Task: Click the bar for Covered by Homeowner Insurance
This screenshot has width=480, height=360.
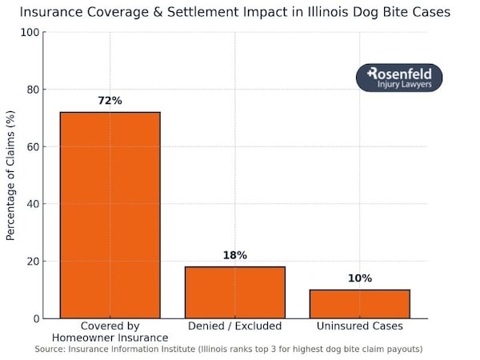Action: pos(110,215)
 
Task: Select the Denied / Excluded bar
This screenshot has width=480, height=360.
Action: pos(235,293)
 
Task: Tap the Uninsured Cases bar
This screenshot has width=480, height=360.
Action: pos(360,304)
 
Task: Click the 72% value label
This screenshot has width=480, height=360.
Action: pos(110,102)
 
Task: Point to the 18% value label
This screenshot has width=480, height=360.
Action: pos(235,256)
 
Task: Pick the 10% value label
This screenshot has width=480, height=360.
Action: pos(360,278)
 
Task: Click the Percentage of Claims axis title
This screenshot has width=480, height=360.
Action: pos(10,175)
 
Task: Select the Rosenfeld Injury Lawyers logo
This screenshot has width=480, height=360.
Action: pos(398,78)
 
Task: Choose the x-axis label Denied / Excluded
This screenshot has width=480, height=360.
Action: pos(235,326)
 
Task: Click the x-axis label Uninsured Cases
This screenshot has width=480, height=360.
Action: pos(360,326)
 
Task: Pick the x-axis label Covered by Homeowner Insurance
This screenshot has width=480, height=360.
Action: pos(110,332)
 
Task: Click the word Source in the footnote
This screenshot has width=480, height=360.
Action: pos(51,350)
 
